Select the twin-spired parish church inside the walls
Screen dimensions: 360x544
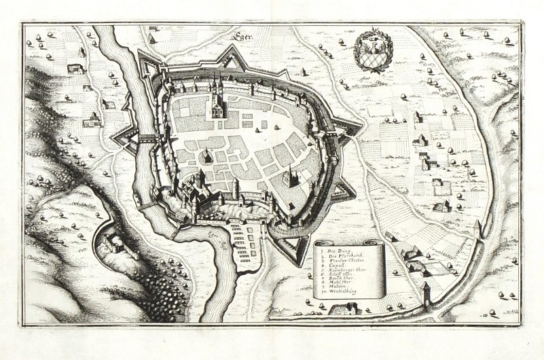[216, 102]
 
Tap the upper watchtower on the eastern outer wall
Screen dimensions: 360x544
[481, 228]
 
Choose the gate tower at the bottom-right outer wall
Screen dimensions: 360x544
[426, 293]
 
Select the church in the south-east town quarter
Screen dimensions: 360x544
[290, 178]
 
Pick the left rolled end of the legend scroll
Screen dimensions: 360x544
[317, 272]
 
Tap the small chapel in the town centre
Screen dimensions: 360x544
[204, 157]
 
